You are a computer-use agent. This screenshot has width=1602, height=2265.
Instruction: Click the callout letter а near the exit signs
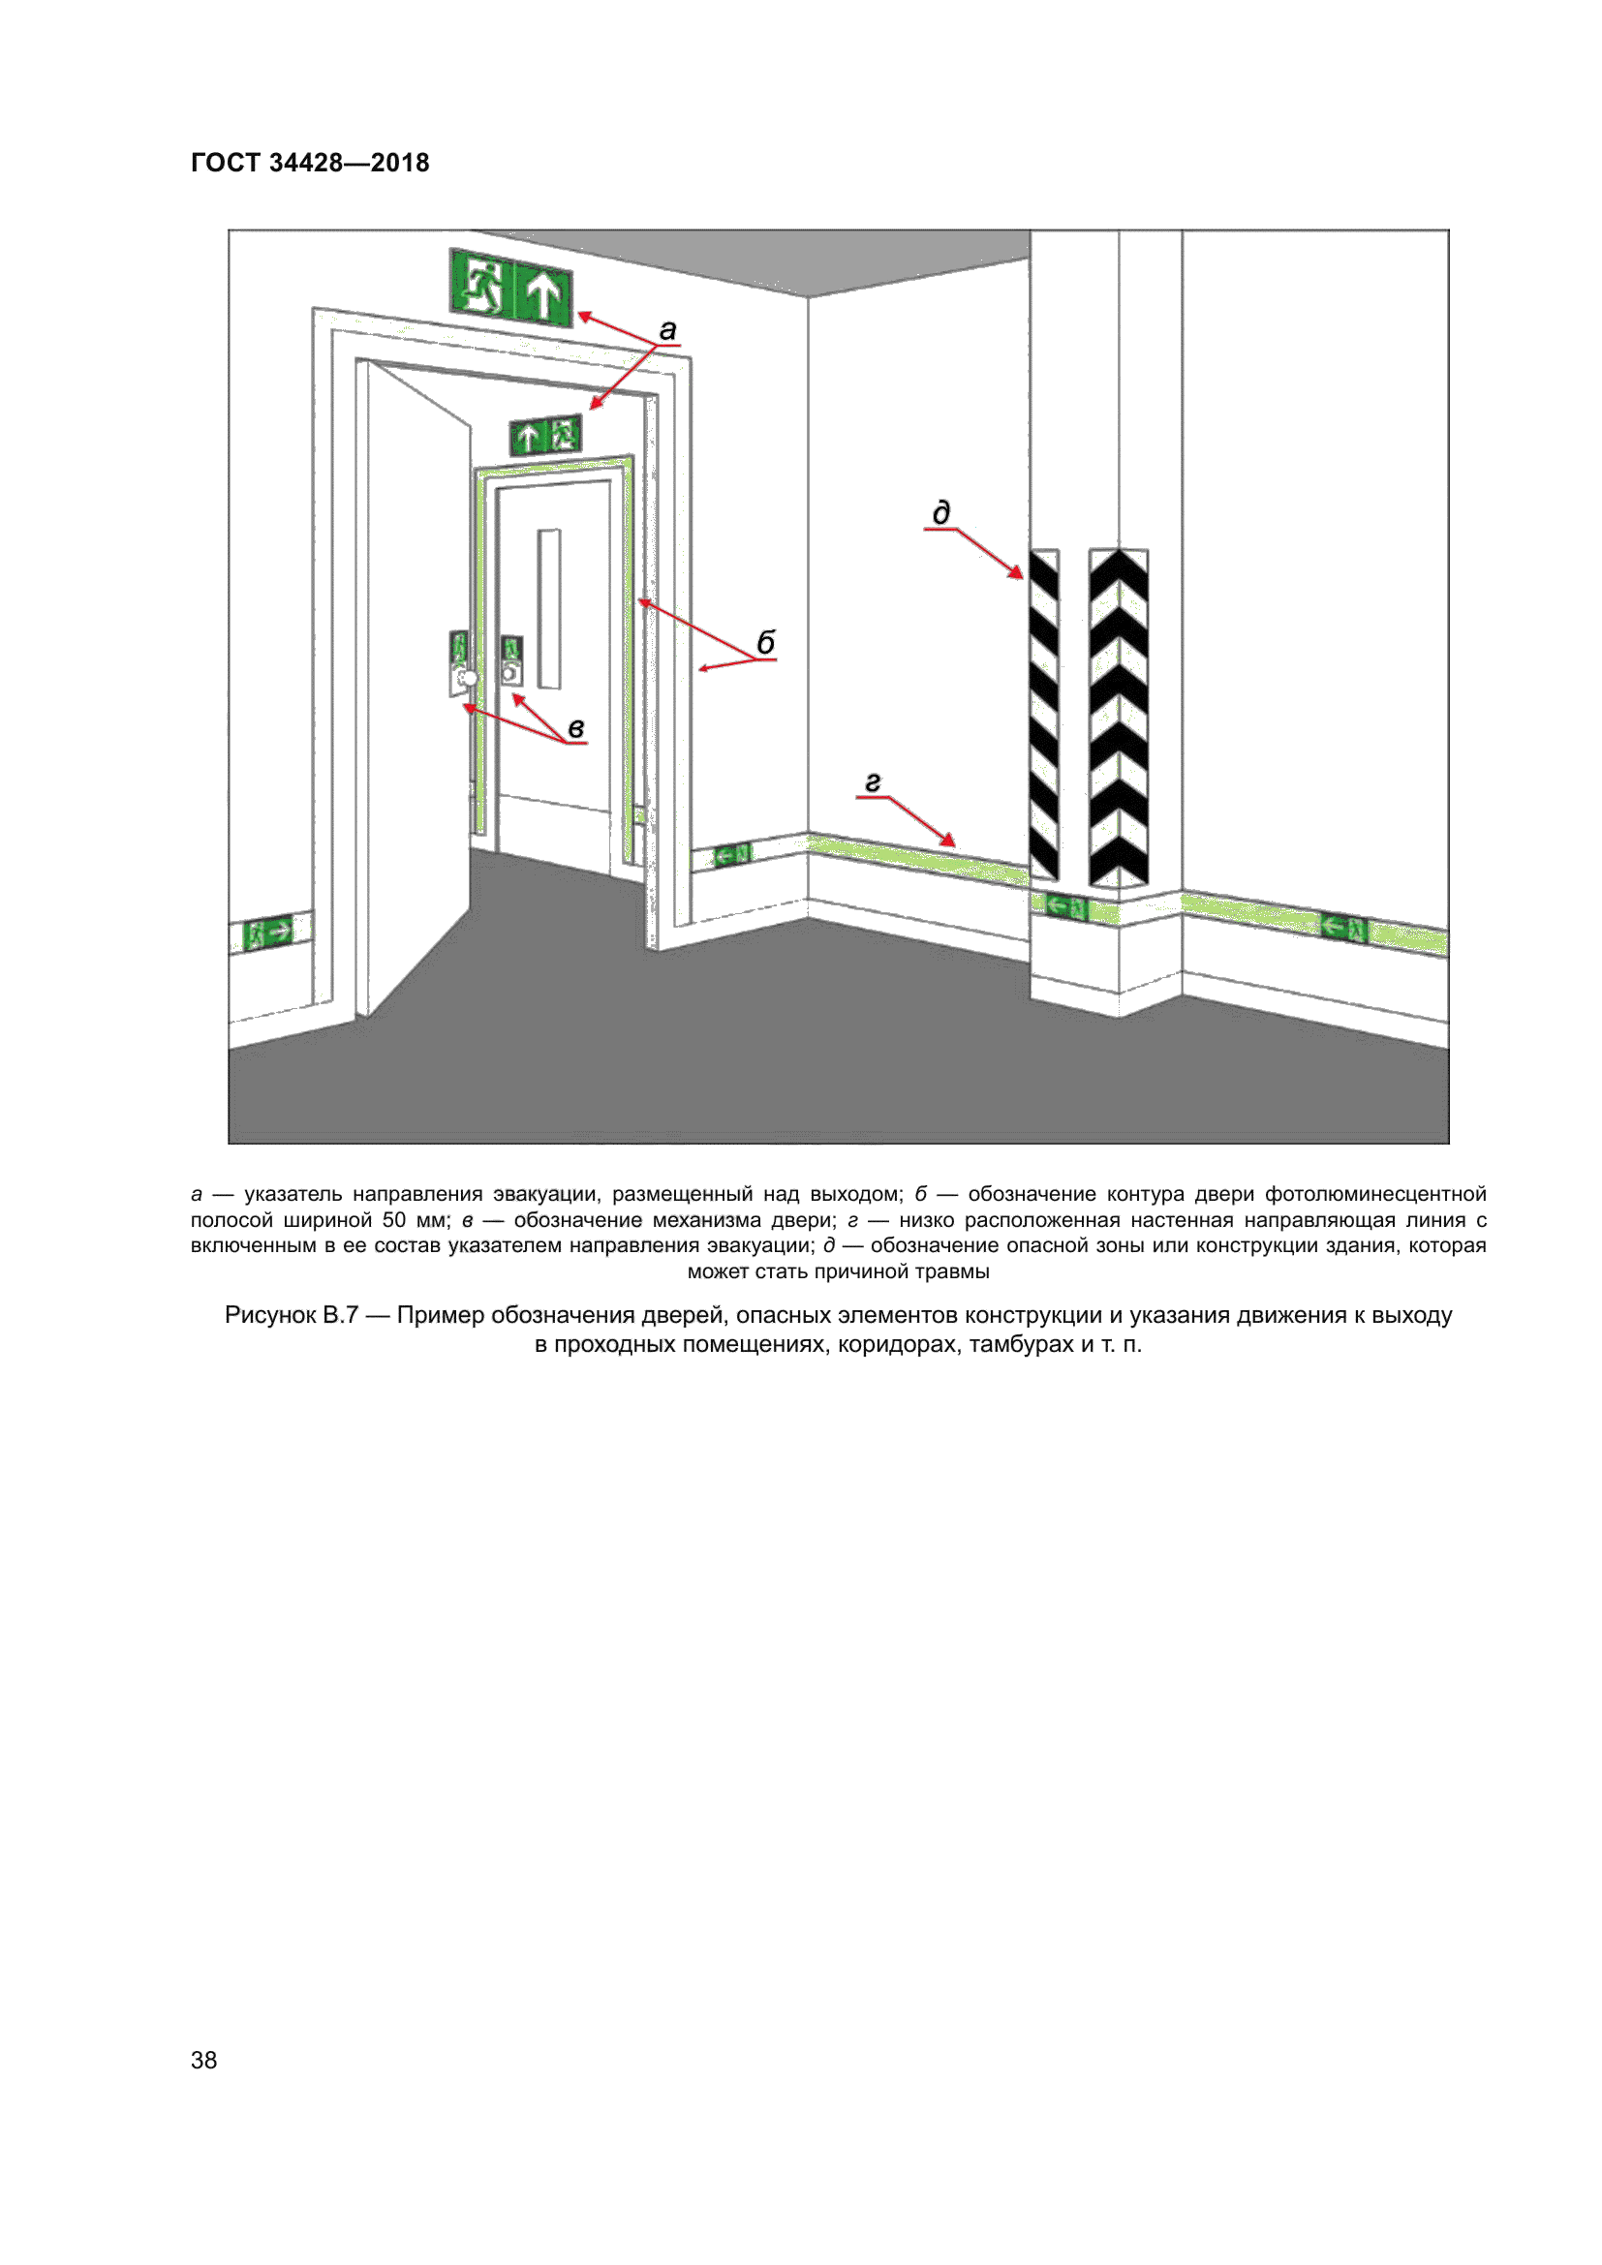[668, 330]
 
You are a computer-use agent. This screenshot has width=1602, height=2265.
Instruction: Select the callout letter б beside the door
[765, 642]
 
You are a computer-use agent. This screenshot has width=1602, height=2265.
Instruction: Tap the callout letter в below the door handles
[576, 728]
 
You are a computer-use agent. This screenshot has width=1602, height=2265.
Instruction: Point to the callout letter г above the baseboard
[872, 782]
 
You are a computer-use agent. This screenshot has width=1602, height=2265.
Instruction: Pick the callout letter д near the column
[941, 513]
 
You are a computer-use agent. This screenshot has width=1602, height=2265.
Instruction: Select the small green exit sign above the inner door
[545, 435]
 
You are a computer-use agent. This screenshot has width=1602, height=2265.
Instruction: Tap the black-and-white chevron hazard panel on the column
[1118, 718]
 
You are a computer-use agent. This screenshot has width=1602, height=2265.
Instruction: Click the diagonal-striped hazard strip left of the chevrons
[1044, 715]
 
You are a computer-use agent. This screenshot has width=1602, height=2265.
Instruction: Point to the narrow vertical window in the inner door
[549, 609]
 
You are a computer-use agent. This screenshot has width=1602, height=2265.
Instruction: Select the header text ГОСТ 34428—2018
[310, 163]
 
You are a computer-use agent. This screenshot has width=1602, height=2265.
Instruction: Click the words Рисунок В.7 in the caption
[291, 1315]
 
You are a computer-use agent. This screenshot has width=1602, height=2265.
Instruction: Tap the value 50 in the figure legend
[393, 1220]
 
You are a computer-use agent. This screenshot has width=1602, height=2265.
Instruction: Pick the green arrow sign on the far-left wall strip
[268, 931]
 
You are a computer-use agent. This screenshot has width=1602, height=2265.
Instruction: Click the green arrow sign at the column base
[1065, 904]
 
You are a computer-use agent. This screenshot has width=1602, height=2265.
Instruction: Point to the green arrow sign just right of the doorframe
[731, 854]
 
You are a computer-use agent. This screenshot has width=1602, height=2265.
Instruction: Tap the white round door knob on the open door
[470, 678]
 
